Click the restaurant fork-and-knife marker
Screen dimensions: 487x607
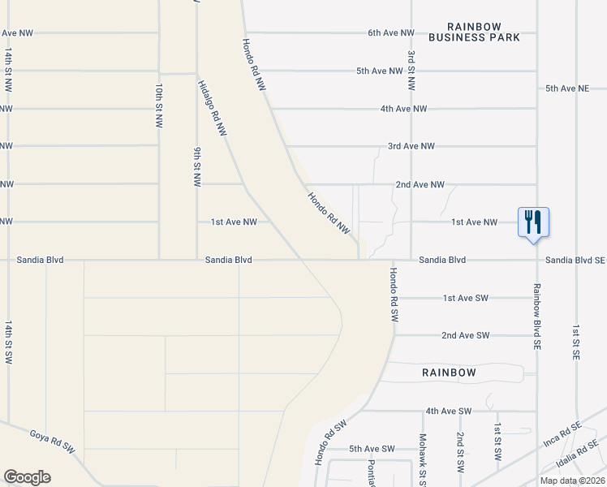(533, 222)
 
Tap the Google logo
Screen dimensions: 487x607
(27, 477)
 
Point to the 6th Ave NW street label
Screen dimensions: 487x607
(391, 33)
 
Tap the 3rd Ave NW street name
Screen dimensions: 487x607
(411, 146)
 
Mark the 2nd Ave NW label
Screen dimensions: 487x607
(420, 184)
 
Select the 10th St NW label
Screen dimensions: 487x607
(159, 106)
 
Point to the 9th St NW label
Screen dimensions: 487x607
(197, 166)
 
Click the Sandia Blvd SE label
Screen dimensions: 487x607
(575, 261)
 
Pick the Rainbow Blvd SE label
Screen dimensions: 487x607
(536, 317)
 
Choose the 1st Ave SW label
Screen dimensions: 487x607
(466, 298)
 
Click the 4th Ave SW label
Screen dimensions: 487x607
(448, 412)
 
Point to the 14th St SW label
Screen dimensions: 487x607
(8, 341)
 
